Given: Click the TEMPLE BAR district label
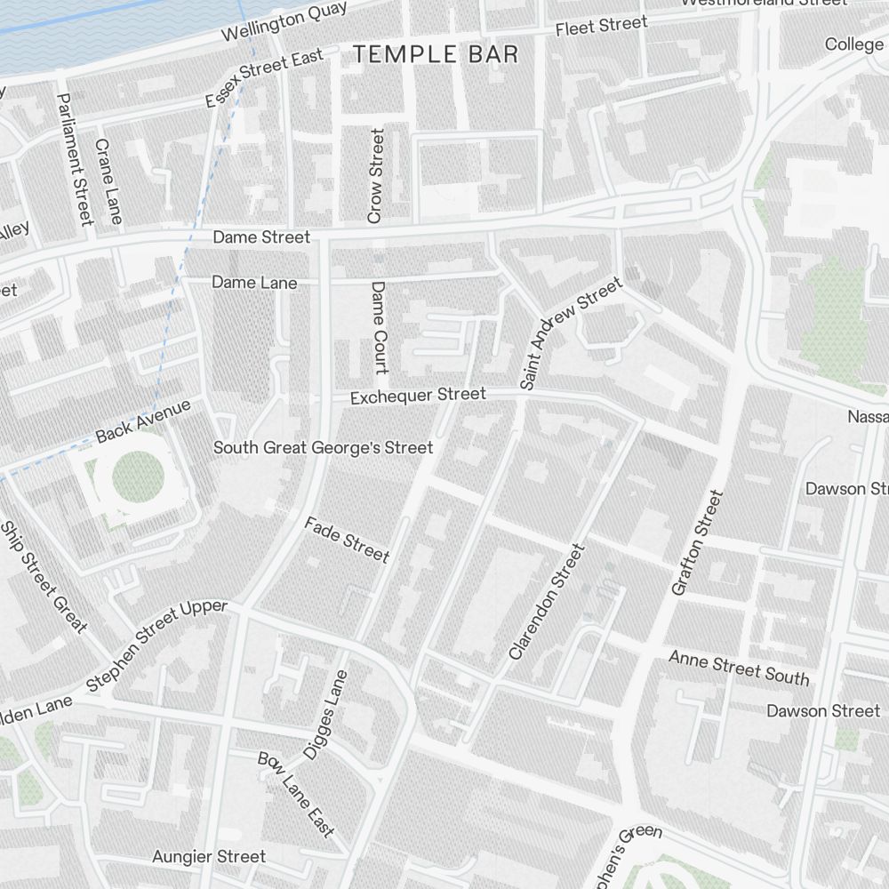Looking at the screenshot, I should pyautogui.click(x=436, y=55).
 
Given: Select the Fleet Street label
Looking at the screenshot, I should pyautogui.click(x=602, y=27).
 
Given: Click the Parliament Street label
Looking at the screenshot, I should pyautogui.click(x=75, y=159).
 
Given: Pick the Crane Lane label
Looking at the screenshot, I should pyautogui.click(x=108, y=180).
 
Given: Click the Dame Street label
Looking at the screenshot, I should pyautogui.click(x=261, y=237).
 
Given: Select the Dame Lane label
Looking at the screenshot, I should pyautogui.click(x=254, y=283).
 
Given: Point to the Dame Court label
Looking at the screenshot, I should pyautogui.click(x=380, y=328).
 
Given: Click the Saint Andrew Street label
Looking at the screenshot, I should pyautogui.click(x=571, y=333).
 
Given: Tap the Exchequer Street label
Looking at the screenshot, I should pyautogui.click(x=418, y=396).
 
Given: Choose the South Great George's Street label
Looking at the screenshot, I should pyautogui.click(x=324, y=447).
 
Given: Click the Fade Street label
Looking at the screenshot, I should pyautogui.click(x=347, y=540).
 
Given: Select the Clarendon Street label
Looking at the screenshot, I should pyautogui.click(x=548, y=602).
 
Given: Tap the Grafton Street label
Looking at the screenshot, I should pyautogui.click(x=693, y=542).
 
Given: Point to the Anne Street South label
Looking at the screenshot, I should pyautogui.click(x=739, y=668).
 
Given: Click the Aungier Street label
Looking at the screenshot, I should pyautogui.click(x=209, y=857).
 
